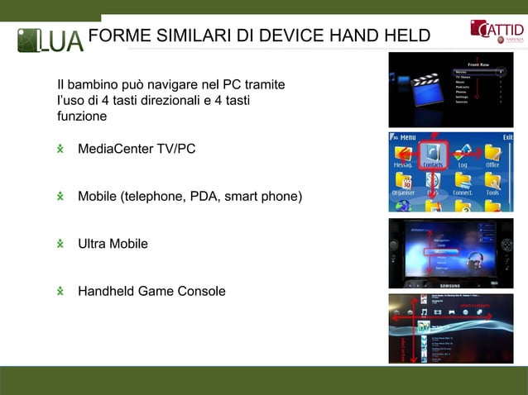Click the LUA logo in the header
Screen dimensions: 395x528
[51, 39]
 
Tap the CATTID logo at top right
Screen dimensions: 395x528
[497, 33]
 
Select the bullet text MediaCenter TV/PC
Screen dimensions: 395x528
[137, 150]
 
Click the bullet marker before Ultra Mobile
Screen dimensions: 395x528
[60, 244]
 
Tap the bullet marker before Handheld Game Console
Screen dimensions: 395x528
[60, 292]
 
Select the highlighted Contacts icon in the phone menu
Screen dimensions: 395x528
[434, 153]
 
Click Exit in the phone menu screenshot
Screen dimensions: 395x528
[506, 137]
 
